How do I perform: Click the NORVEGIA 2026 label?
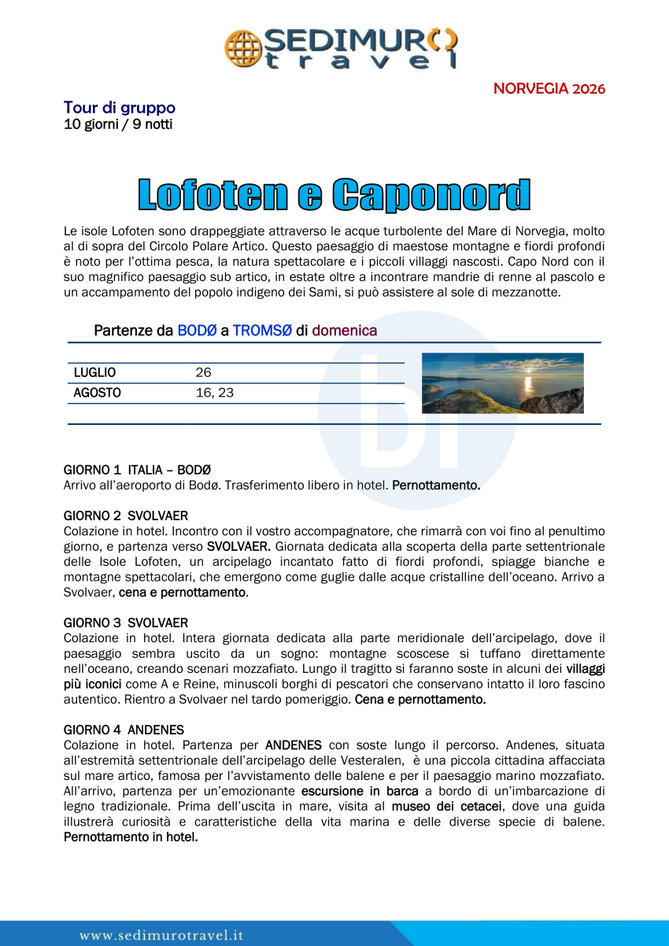click(549, 88)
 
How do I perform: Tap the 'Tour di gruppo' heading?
click(119, 108)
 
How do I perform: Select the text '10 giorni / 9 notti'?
click(117, 124)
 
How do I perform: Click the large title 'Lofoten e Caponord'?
click(334, 195)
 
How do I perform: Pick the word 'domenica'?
click(344, 331)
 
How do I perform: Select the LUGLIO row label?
click(94, 373)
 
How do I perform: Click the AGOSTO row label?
click(97, 393)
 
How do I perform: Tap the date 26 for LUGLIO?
click(203, 373)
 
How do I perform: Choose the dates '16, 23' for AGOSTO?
click(214, 393)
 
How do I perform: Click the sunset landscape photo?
click(503, 383)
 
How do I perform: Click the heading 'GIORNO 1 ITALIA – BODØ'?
click(137, 470)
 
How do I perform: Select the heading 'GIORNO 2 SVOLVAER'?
click(126, 516)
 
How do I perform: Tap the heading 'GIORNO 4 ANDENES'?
click(124, 730)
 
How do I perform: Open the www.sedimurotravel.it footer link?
click(161, 935)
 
